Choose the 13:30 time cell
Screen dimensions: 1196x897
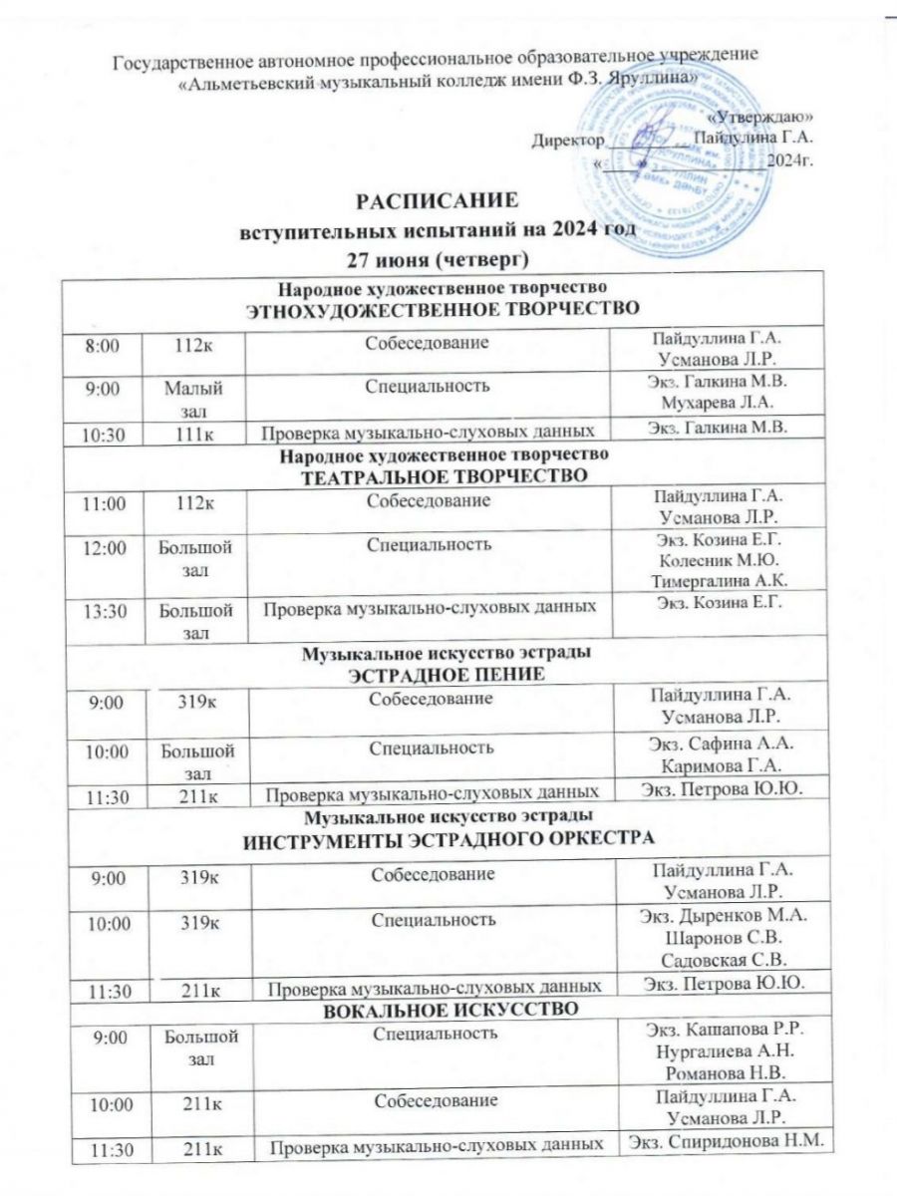pos(106,609)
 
